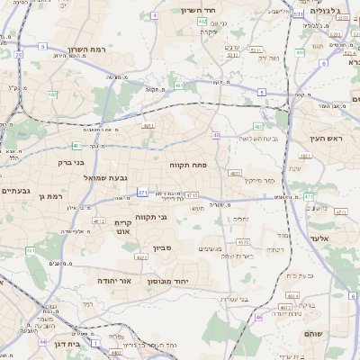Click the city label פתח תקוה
[x=188, y=166]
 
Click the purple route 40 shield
[x=216, y=135]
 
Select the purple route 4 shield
[x=154, y=15]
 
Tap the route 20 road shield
[x=18, y=55]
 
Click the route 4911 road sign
[x=148, y=127]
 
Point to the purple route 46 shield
[x=259, y=317]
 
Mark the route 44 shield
[x=42, y=342]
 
